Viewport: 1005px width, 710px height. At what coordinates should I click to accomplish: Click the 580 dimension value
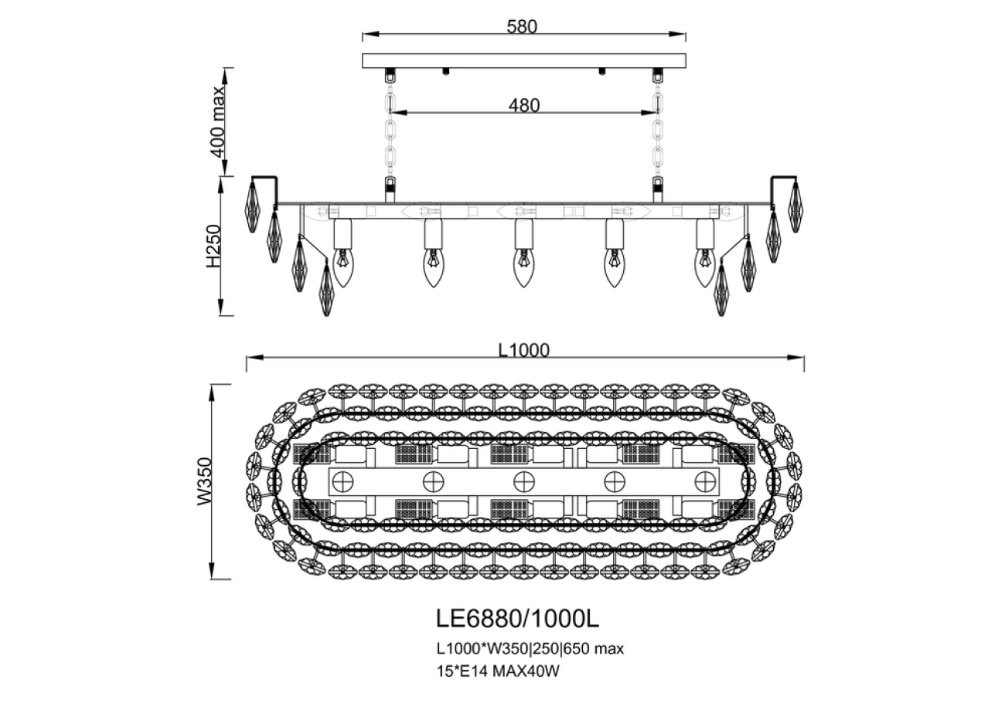(x=521, y=26)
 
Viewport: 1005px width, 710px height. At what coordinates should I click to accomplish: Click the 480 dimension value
(x=523, y=104)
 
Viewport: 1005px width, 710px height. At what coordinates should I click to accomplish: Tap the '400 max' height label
(x=220, y=121)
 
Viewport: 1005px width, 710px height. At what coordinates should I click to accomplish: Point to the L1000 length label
(x=523, y=350)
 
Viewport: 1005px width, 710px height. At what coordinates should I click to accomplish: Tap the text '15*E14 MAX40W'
(x=497, y=671)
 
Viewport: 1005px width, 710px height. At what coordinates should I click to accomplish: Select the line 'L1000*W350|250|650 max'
(x=530, y=648)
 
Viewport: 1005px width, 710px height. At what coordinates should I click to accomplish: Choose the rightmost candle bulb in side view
(x=704, y=267)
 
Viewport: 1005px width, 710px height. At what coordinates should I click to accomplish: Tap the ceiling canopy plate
(x=524, y=60)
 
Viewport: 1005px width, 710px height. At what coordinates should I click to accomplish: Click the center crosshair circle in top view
(x=524, y=481)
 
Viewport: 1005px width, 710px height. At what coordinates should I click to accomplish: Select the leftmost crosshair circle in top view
(x=342, y=481)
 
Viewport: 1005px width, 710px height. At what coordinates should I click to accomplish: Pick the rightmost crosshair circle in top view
(x=705, y=481)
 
